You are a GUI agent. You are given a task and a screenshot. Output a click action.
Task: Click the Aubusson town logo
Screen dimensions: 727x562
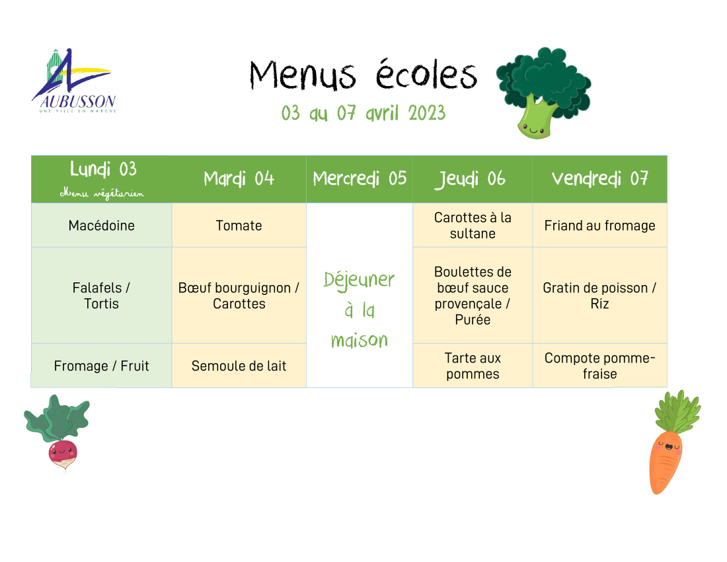(74, 81)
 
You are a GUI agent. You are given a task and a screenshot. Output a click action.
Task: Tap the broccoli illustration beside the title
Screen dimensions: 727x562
(543, 93)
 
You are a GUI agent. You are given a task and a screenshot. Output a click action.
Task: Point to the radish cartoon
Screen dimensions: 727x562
(58, 433)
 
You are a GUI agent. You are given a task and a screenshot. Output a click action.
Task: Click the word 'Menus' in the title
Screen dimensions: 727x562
(303, 75)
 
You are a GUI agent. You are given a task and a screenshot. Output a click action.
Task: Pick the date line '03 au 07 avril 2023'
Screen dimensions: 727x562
(363, 113)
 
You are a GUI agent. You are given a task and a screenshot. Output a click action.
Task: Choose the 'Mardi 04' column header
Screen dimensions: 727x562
(239, 179)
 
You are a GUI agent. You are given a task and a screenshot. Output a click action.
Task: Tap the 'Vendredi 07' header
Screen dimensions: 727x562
(599, 179)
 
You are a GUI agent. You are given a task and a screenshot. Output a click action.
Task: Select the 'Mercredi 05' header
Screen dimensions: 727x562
(360, 179)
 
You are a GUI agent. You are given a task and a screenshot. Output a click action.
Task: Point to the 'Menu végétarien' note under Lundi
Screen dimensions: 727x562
(102, 193)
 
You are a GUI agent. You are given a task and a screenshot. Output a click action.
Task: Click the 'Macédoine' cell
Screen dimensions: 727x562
(102, 225)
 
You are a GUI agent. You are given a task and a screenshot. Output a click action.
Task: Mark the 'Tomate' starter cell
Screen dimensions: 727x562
(239, 225)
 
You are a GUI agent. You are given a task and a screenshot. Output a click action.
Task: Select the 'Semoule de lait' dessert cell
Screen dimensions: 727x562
(239, 366)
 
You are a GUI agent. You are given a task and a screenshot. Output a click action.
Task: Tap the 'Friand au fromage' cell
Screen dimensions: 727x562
(599, 225)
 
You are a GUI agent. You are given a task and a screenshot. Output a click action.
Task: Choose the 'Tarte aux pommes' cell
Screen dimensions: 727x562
(473, 366)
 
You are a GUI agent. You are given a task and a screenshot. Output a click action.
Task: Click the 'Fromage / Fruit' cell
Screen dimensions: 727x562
(102, 366)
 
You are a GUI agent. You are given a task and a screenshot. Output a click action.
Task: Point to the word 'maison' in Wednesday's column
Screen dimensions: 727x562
(360, 341)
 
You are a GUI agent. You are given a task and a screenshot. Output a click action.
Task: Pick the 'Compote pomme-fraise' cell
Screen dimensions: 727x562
(599, 366)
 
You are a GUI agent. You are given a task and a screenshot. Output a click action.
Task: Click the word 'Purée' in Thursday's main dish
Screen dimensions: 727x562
(473, 320)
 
